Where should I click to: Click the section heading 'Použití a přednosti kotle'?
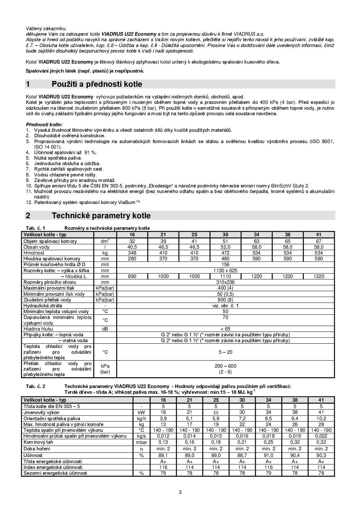pyautogui.click(x=97, y=84)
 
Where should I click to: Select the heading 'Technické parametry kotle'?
pyautogui.click(x=101, y=216)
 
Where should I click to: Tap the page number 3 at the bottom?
pyautogui.click(x=180, y=492)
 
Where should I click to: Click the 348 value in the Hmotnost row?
pyautogui.click(x=132, y=253)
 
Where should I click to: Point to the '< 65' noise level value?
pyautogui.click(x=225, y=329)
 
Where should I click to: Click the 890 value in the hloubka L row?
pyautogui.click(x=132, y=276)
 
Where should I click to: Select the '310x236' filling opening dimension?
pyautogui.click(x=225, y=282)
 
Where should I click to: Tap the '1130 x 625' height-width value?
pyautogui.click(x=225, y=270)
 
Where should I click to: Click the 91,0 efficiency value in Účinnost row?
pyautogui.click(x=268, y=455)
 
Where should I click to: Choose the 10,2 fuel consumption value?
pyautogui.click(x=321, y=418)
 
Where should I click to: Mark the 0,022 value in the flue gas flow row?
pyautogui.click(x=321, y=436)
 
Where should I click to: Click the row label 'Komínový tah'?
pyautogui.click(x=38, y=442)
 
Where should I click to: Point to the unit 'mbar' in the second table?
pyautogui.click(x=141, y=442)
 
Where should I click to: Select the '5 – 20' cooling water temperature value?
pyautogui.click(x=225, y=352)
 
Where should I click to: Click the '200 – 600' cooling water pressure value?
pyautogui.click(x=225, y=366)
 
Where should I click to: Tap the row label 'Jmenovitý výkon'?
pyautogui.click(x=41, y=412)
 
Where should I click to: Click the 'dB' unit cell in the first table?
pyautogui.click(x=105, y=329)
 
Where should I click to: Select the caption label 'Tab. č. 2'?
pyautogui.click(x=35, y=386)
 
